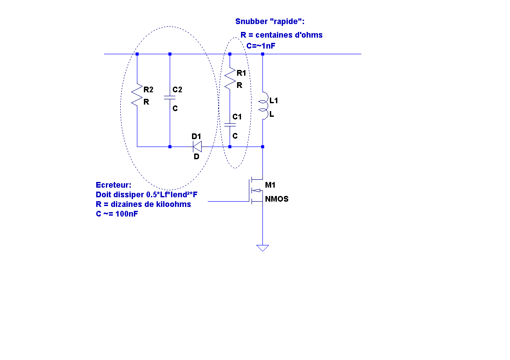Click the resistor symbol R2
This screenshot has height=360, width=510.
(x=137, y=95)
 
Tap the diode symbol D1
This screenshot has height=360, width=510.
(x=197, y=147)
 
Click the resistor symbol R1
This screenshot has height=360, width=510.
(x=230, y=79)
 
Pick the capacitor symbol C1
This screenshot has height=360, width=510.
(x=230, y=125)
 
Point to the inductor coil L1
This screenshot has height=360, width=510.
(x=263, y=106)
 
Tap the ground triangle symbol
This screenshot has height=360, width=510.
(x=262, y=248)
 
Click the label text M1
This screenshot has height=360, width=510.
(x=270, y=185)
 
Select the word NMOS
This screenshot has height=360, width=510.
(x=276, y=199)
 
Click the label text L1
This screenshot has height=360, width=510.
(x=274, y=101)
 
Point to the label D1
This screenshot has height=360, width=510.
(x=196, y=136)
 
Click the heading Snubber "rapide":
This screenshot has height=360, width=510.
(x=270, y=21)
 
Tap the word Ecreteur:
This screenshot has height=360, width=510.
(x=113, y=185)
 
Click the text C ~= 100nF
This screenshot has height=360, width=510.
(x=117, y=214)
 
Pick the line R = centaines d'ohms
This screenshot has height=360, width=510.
(x=281, y=35)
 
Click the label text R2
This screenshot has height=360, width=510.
(x=148, y=90)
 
